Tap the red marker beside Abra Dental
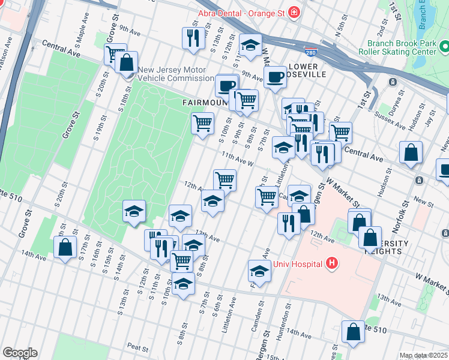tap(294, 12)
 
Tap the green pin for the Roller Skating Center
tap(444, 46)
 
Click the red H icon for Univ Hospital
tap(331, 263)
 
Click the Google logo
tap(20, 353)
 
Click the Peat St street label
tap(137, 347)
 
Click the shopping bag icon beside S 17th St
tap(65, 247)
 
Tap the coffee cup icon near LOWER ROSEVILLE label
tap(275, 77)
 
